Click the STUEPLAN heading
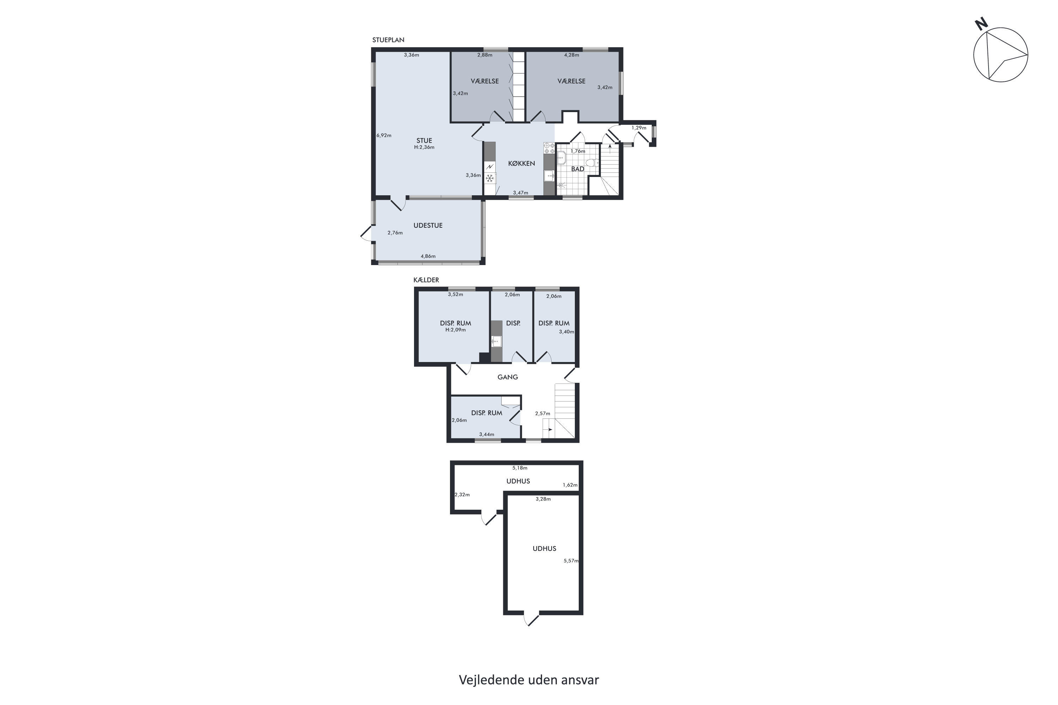coord(388,40)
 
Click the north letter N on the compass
coord(981,24)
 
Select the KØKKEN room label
coord(521,164)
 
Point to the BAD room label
coord(578,169)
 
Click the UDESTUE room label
coord(428,226)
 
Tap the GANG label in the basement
coord(507,377)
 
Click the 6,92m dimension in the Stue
coord(384,135)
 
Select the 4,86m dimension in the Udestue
coord(428,256)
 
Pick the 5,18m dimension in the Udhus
coord(520,468)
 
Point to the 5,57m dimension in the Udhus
coord(571,561)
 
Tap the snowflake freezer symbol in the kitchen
coord(490,178)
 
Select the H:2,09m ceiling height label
coord(456,330)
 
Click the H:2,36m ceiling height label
coord(424,147)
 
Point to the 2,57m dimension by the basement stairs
coord(542,413)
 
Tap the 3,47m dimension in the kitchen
coord(521,193)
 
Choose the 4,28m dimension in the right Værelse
coord(572,55)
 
